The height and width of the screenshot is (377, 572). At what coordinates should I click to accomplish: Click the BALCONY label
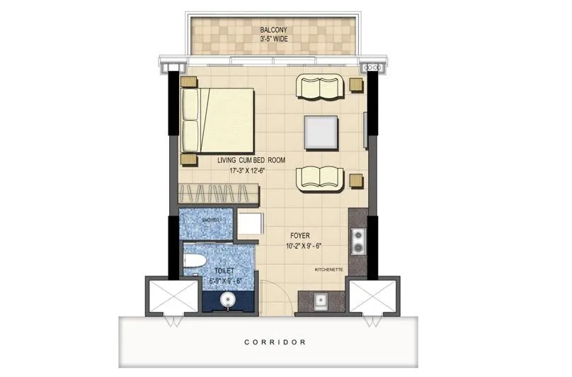pos(273,29)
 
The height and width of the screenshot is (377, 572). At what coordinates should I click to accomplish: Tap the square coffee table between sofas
pos(321,132)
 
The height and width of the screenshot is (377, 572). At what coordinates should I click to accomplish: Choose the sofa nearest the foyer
pos(320,178)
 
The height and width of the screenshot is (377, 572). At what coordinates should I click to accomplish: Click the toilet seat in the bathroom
pos(194,262)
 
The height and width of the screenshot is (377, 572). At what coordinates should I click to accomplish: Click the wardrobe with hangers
pos(218,193)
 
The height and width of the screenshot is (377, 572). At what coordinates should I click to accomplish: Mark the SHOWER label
pos(211,221)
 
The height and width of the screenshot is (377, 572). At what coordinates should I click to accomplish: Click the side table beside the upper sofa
pos(356,85)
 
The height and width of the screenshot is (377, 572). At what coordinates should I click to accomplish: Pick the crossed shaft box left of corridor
pos(171,296)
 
